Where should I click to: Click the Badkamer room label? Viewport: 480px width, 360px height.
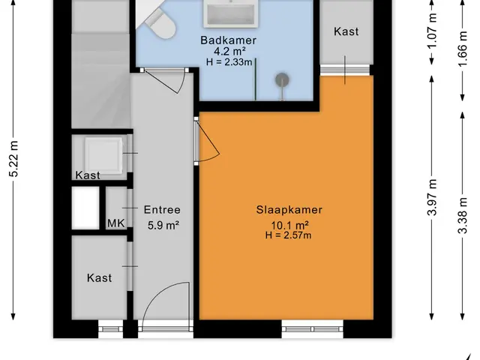point(228,40)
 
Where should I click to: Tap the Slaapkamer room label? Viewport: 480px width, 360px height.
point(289,210)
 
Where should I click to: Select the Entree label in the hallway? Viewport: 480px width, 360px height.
point(162,210)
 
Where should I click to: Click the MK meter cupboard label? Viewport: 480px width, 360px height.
point(116,223)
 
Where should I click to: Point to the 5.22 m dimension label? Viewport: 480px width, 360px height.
point(14,159)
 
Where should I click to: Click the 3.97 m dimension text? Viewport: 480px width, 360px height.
point(432,197)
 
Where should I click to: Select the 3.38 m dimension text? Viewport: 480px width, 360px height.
point(463,215)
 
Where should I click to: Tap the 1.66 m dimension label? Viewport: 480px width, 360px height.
point(463,49)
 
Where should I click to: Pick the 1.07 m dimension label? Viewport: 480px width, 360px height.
point(432,31)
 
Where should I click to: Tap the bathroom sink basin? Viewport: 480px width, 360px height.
point(231,13)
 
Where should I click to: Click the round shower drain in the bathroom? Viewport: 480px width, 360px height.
point(282,80)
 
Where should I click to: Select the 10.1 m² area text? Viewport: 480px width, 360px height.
point(289,225)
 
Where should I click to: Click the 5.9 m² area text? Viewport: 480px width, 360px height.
point(163,225)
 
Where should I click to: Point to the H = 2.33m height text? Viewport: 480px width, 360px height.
point(229,62)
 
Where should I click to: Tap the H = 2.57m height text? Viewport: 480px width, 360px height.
point(288,235)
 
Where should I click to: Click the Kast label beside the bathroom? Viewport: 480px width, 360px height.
point(346,31)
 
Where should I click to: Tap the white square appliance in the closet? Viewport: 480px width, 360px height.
point(103,155)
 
